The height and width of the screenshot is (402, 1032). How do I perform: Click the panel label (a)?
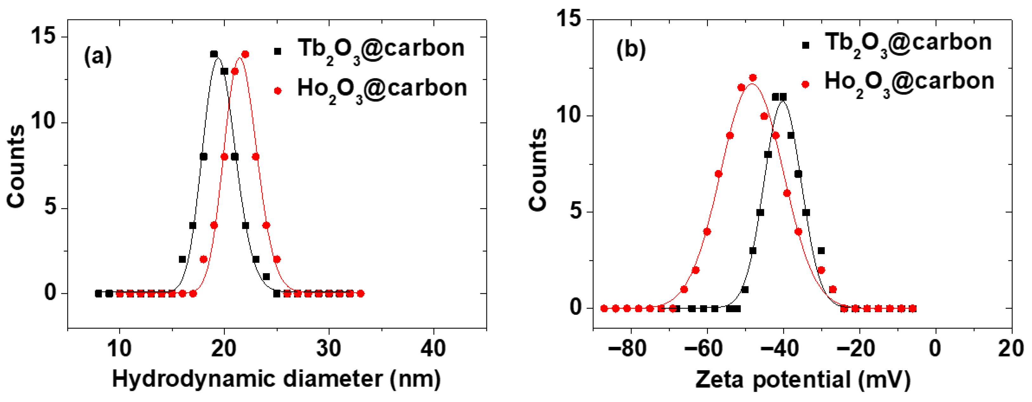point(97,56)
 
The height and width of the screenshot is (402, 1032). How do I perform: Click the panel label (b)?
point(631,50)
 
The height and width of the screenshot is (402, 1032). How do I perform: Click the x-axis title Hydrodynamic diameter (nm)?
point(276,379)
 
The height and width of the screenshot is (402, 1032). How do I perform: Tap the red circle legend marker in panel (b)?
point(805,84)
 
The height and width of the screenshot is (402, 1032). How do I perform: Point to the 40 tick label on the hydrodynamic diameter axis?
point(433,348)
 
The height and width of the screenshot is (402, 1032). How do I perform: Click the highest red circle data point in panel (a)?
point(245,54)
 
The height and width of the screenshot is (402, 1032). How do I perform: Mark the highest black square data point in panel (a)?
point(214,54)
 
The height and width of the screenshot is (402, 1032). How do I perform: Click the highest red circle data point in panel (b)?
point(752,77)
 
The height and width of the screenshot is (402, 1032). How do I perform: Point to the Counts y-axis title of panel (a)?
point(16,166)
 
